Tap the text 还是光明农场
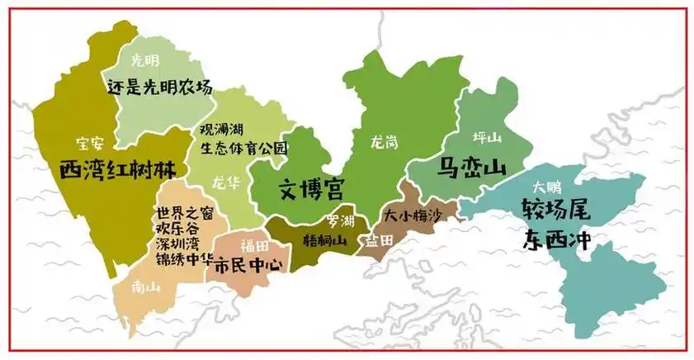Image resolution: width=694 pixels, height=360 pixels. click(160, 85)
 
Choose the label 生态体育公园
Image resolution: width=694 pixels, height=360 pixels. click(244, 149)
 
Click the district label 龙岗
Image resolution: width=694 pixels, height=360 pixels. click(384, 142)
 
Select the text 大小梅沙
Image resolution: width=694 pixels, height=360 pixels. click(413, 215)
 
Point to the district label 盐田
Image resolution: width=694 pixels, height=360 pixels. click(379, 239)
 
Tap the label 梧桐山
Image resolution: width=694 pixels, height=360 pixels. click(323, 240)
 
